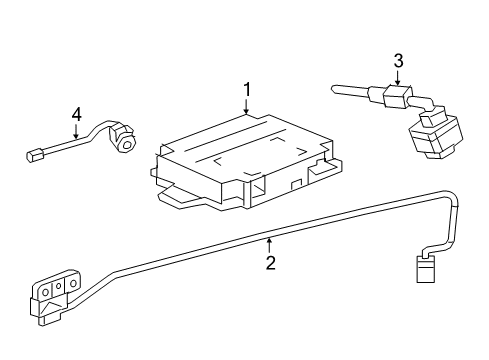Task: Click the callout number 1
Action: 247,92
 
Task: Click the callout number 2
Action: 269,263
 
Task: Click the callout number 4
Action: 76,118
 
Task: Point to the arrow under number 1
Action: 247,109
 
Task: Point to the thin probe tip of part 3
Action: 346,92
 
